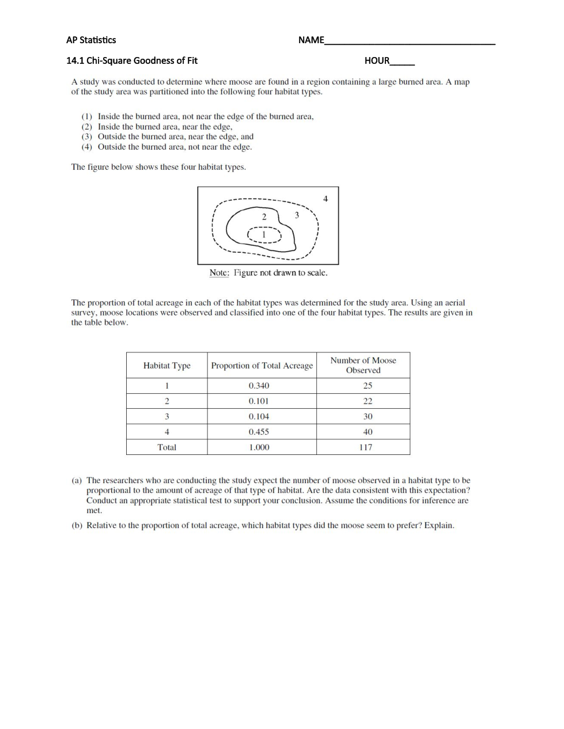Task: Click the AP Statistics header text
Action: pos(91,40)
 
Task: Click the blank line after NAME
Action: pos(410,41)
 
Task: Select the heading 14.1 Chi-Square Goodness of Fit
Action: pos(132,60)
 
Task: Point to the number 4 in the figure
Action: pos(325,199)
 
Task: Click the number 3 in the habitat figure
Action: pos(297,215)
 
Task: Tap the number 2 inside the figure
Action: pos(264,217)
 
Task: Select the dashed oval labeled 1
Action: pos(264,234)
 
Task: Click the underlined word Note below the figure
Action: pos(219,273)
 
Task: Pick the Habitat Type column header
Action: pos(166,366)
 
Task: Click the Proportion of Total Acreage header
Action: pos(262,366)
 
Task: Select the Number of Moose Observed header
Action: pos(363,365)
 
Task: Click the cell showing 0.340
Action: pos(259,386)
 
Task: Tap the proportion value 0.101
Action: pos(259,401)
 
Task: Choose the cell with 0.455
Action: pos(259,432)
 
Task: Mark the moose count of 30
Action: pos(368,416)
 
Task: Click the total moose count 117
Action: pos(366,447)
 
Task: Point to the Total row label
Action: pos(166,447)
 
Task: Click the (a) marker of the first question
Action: pos(77,480)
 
